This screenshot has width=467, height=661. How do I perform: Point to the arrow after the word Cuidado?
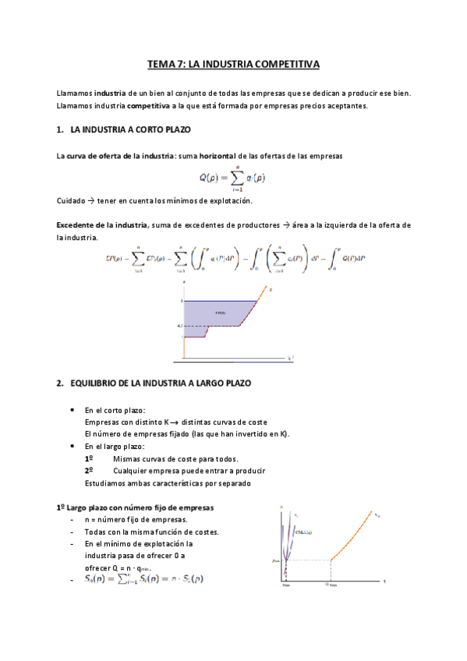[x=90, y=200]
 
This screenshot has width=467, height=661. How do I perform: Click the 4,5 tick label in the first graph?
[x=179, y=326]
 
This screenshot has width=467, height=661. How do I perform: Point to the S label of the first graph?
[x=270, y=288]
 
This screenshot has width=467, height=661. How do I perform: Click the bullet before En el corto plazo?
[x=73, y=409]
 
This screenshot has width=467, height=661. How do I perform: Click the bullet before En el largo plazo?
[x=73, y=446]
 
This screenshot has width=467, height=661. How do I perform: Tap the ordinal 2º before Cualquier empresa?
[x=89, y=471]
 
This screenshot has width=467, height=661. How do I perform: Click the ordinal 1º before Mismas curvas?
[x=89, y=458]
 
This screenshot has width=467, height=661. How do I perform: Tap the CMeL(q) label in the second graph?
[x=304, y=532]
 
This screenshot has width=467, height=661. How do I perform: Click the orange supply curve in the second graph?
[x=359, y=538]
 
